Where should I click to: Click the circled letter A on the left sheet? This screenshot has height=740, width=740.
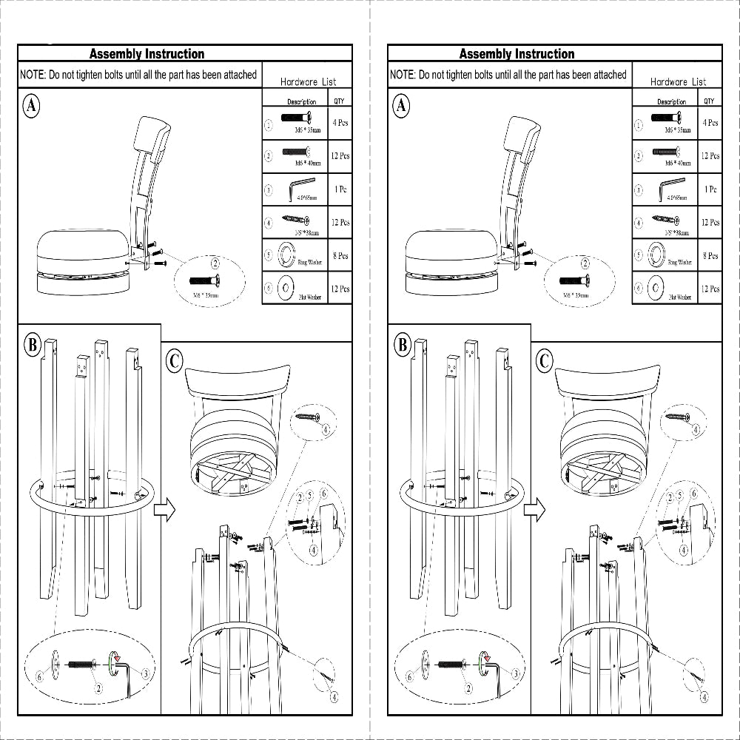(31, 106)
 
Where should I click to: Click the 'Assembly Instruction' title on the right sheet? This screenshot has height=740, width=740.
(517, 53)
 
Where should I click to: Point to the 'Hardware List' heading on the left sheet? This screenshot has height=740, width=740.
(308, 82)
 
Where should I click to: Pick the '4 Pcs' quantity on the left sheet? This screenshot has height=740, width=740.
(340, 123)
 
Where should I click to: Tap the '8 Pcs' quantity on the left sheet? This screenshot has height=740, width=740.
(340, 256)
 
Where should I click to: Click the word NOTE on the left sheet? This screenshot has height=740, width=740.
(33, 75)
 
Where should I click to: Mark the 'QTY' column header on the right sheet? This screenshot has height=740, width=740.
(709, 101)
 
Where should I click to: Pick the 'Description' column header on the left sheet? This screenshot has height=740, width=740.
(302, 102)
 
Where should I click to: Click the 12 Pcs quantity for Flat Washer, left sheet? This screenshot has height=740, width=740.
(340, 289)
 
